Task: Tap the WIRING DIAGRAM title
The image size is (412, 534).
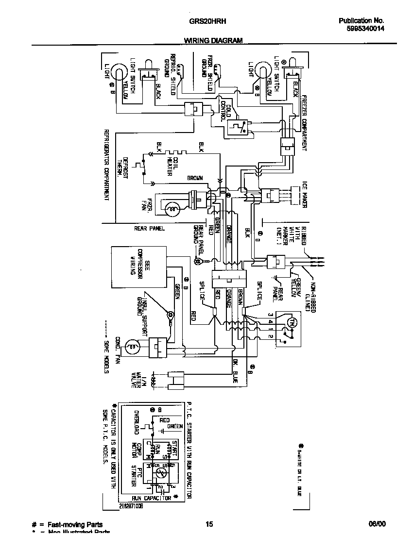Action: pos(213,41)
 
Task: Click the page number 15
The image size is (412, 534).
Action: pos(209,524)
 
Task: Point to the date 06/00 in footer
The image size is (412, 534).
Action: pos(377,524)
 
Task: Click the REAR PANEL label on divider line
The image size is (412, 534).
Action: pos(150,228)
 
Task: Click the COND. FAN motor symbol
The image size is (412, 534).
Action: pos(131,347)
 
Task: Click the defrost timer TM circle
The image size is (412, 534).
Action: pos(292,322)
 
